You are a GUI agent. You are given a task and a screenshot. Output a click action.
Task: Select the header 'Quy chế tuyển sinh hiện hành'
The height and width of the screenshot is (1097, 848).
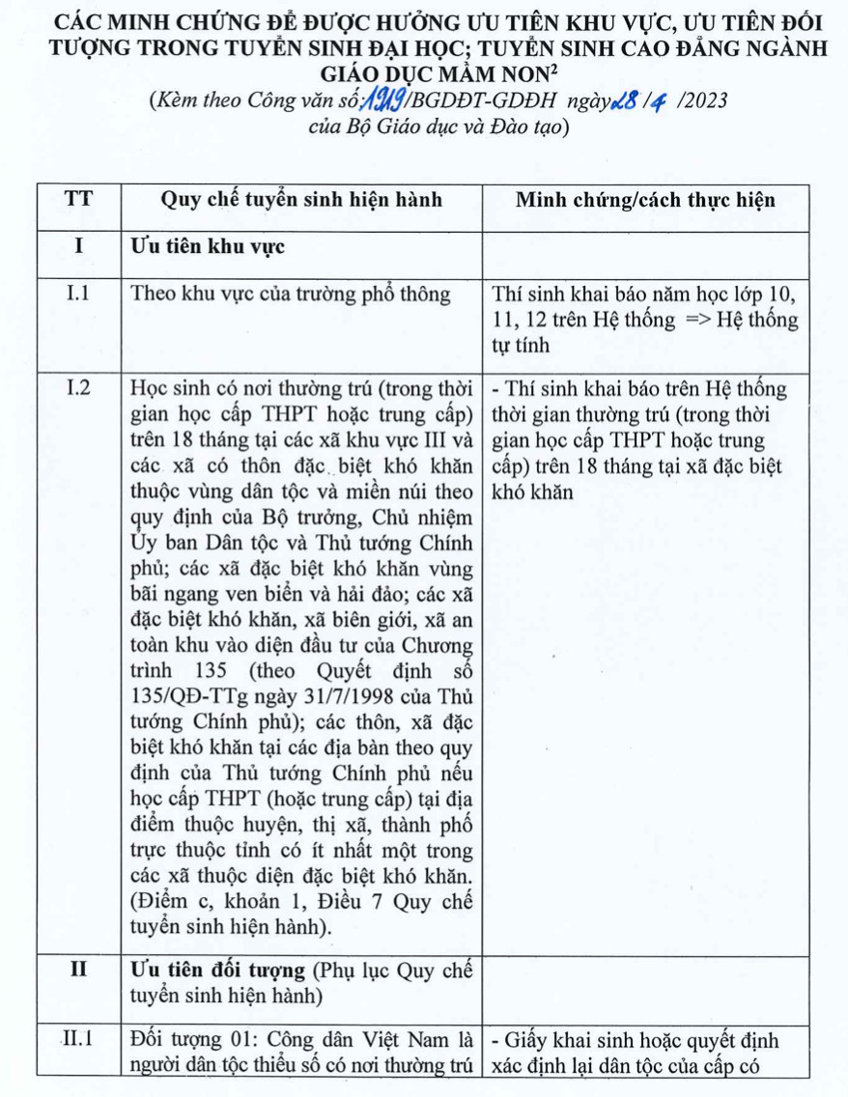tap(301, 200)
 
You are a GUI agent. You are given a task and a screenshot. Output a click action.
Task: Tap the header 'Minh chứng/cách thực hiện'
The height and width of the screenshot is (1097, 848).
tap(645, 200)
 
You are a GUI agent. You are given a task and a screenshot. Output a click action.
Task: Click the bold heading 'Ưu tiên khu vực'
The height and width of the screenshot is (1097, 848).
tap(207, 247)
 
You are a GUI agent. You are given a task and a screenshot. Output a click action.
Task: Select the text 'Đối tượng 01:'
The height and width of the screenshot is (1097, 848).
tap(182, 1041)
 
